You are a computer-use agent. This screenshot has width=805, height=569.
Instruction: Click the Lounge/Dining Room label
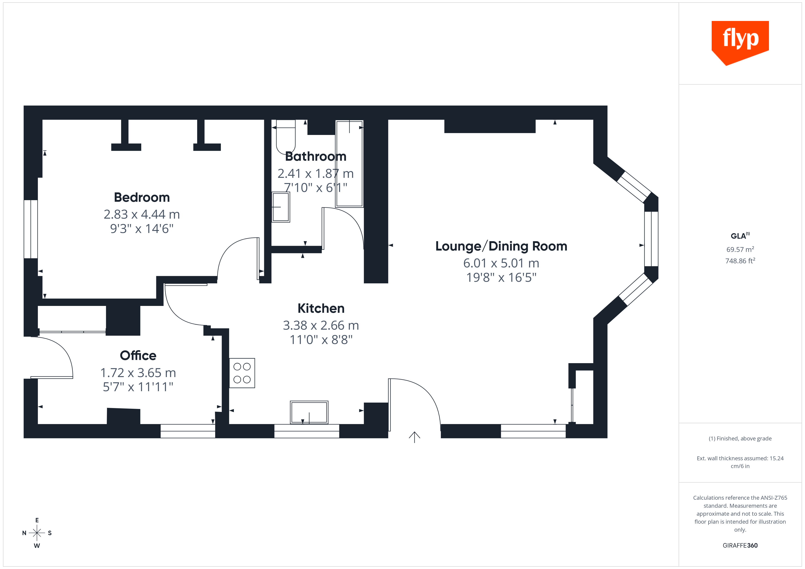coord(501,246)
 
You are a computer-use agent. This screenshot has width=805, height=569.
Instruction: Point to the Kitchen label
coord(321,308)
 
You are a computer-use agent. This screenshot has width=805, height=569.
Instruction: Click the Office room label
coord(138,356)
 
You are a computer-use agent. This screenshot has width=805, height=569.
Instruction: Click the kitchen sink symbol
coord(309,412)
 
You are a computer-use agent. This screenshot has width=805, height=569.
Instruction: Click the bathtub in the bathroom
coord(349,164)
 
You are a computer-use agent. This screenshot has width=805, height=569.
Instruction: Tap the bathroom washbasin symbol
coord(281,207)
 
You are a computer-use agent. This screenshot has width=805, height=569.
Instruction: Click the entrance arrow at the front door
coord(414,437)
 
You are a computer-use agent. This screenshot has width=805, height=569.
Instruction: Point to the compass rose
coord(37,533)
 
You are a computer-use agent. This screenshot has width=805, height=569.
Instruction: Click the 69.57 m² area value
coord(740,249)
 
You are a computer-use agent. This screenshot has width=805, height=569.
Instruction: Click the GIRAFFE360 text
coord(740,546)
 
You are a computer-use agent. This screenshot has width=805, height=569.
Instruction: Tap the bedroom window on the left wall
coord(31,229)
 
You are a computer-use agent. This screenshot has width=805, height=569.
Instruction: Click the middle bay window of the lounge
coord(651,239)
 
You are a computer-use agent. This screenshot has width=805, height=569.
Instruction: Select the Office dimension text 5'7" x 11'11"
coord(138,387)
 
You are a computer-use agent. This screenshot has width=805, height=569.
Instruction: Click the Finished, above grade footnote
coord(740,439)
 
